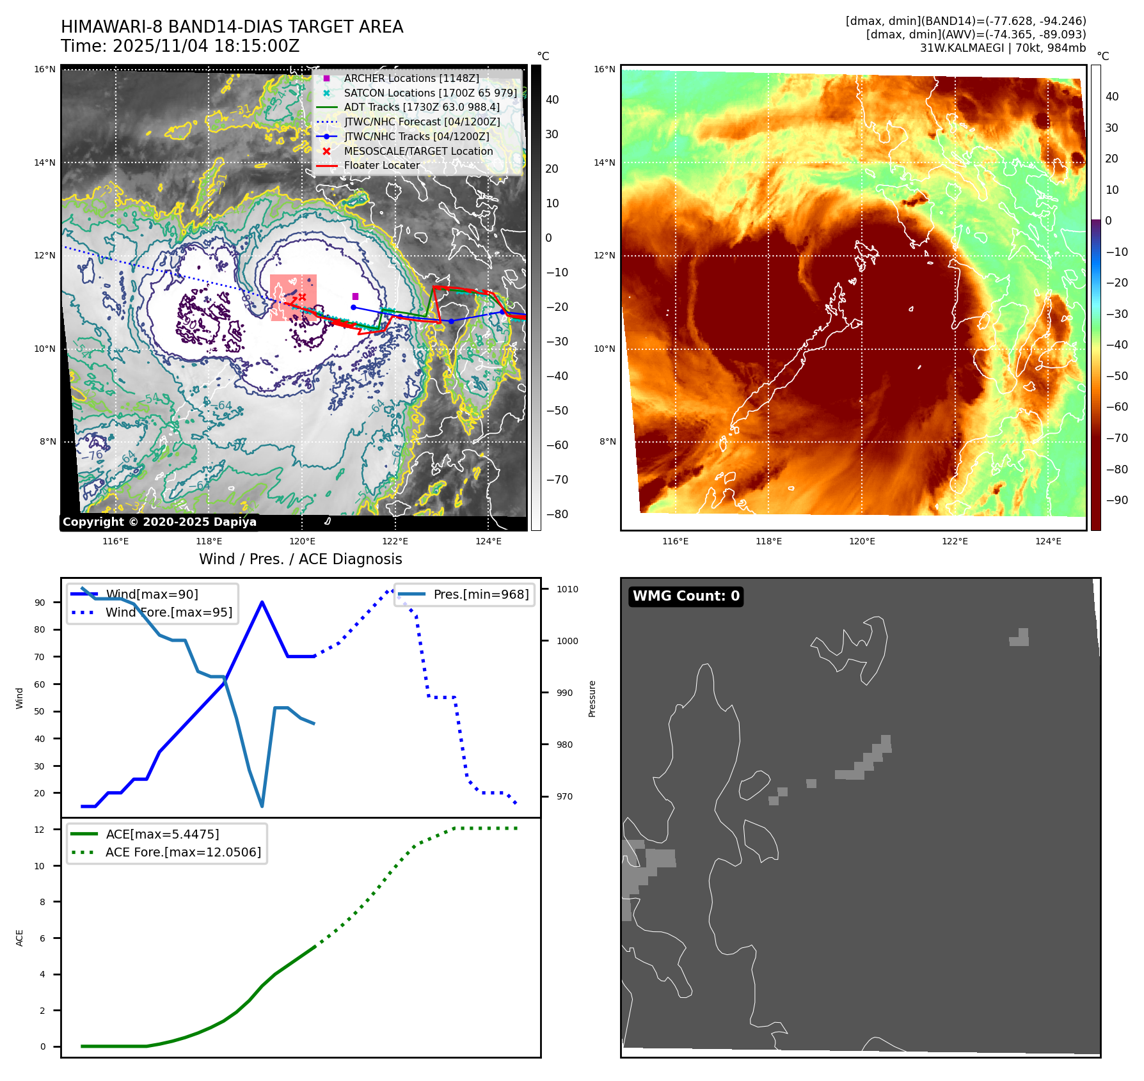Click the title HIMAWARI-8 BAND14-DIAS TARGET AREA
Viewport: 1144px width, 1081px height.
point(232,27)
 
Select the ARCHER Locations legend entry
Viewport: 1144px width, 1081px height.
point(411,78)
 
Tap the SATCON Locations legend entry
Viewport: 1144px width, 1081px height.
point(430,93)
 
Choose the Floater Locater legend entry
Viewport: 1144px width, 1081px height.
point(381,165)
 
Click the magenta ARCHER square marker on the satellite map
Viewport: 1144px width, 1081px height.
point(356,296)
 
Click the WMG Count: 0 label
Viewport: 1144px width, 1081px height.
point(686,596)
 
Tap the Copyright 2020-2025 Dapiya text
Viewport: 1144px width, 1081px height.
point(159,522)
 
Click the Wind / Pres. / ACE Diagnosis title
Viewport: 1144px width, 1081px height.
point(300,559)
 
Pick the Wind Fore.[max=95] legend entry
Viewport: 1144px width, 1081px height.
point(168,612)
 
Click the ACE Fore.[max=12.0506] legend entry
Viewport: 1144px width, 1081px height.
point(183,852)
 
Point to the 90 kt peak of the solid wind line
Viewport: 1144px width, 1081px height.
point(262,602)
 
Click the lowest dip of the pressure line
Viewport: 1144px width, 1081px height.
point(262,806)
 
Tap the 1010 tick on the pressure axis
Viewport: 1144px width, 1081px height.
point(567,589)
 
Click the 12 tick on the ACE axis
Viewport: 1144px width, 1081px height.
point(40,830)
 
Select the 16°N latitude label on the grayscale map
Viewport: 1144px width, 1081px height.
point(45,69)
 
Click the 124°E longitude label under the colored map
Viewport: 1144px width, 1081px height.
point(1048,541)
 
